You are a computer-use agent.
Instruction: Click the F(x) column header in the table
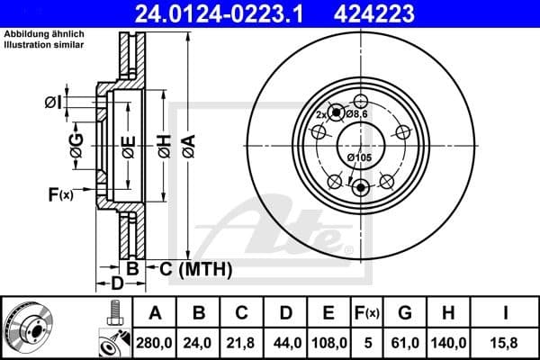[366, 313]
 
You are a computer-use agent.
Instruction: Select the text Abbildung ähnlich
[38, 34]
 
